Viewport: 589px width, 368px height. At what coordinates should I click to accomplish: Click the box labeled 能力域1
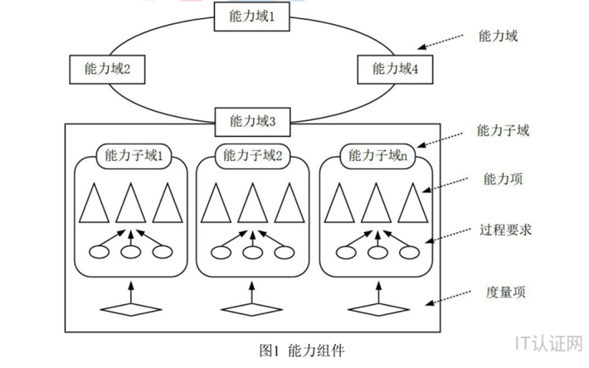[x=250, y=16]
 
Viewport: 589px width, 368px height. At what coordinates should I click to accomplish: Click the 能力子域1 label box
[x=134, y=155]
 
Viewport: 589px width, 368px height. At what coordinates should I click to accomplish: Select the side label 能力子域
[x=504, y=130]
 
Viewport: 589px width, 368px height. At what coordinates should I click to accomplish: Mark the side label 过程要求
[x=505, y=230]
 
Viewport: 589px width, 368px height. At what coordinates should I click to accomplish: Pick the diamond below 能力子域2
[x=250, y=309]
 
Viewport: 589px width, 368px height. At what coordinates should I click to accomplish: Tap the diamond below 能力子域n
[x=374, y=309]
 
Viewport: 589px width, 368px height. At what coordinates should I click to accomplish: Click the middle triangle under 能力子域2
[x=249, y=203]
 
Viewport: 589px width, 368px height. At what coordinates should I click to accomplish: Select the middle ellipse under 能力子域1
[x=130, y=253]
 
